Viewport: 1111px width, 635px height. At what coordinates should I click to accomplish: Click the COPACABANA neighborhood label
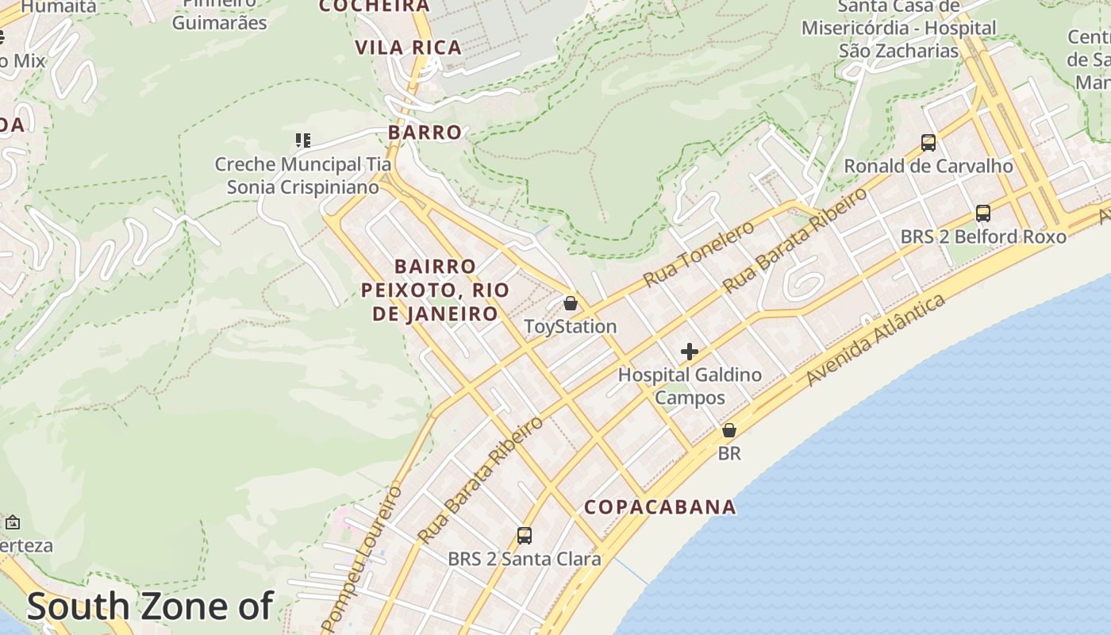tap(660, 507)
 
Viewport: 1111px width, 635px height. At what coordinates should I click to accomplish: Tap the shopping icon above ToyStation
tap(570, 303)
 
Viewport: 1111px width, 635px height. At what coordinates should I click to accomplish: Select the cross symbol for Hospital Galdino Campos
tap(690, 352)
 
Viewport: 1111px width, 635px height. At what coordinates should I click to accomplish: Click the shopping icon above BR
tap(728, 430)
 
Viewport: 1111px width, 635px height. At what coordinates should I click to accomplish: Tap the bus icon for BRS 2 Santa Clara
tap(525, 536)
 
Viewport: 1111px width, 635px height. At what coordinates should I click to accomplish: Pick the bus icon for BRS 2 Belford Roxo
tap(983, 214)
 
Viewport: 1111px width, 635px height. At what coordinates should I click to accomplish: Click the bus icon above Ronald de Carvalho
tap(928, 143)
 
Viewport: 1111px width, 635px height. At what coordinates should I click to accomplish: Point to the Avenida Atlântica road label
tap(876, 340)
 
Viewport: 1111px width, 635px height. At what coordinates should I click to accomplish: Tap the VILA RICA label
tap(409, 48)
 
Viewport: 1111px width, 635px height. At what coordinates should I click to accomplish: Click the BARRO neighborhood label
tap(425, 133)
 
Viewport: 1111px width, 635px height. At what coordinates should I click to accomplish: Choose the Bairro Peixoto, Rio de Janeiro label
tap(436, 290)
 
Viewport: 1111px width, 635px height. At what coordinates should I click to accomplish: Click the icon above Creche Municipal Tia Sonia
tap(302, 141)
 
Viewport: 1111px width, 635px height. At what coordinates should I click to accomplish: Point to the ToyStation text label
tap(571, 327)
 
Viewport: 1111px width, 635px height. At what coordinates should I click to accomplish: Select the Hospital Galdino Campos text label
tap(690, 386)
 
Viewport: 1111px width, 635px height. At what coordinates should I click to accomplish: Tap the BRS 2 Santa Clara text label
tap(525, 559)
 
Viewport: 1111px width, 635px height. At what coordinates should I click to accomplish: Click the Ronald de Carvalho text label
tap(928, 167)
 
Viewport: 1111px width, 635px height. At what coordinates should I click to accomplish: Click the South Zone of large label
tap(150, 606)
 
